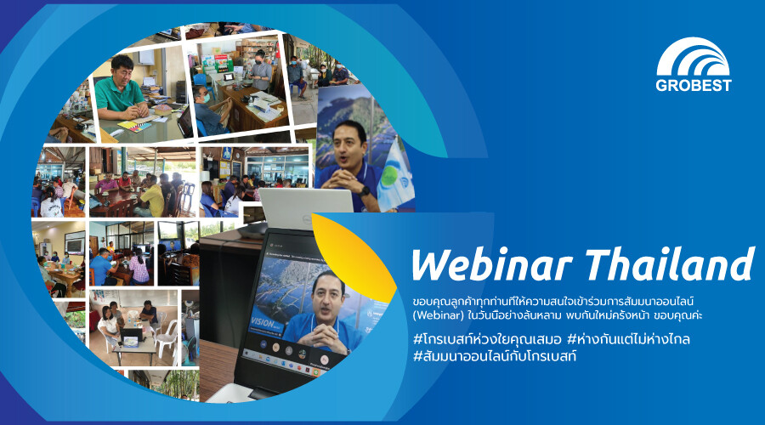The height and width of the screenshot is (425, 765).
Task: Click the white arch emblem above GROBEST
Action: click(x=693, y=58)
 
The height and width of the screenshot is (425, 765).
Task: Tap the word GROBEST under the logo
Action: click(x=694, y=85)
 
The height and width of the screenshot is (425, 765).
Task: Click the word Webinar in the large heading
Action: click(x=491, y=265)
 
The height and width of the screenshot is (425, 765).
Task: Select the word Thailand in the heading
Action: click(x=669, y=264)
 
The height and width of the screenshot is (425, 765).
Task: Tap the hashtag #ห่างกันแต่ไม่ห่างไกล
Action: click(x=628, y=338)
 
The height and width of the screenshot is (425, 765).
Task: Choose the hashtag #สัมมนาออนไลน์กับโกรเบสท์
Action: click(x=494, y=355)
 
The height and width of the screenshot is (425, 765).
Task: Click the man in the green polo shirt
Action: click(x=120, y=90)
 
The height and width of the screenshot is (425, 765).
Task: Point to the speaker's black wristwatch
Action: click(x=364, y=190)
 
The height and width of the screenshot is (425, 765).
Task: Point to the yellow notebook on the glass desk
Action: click(x=134, y=127)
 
